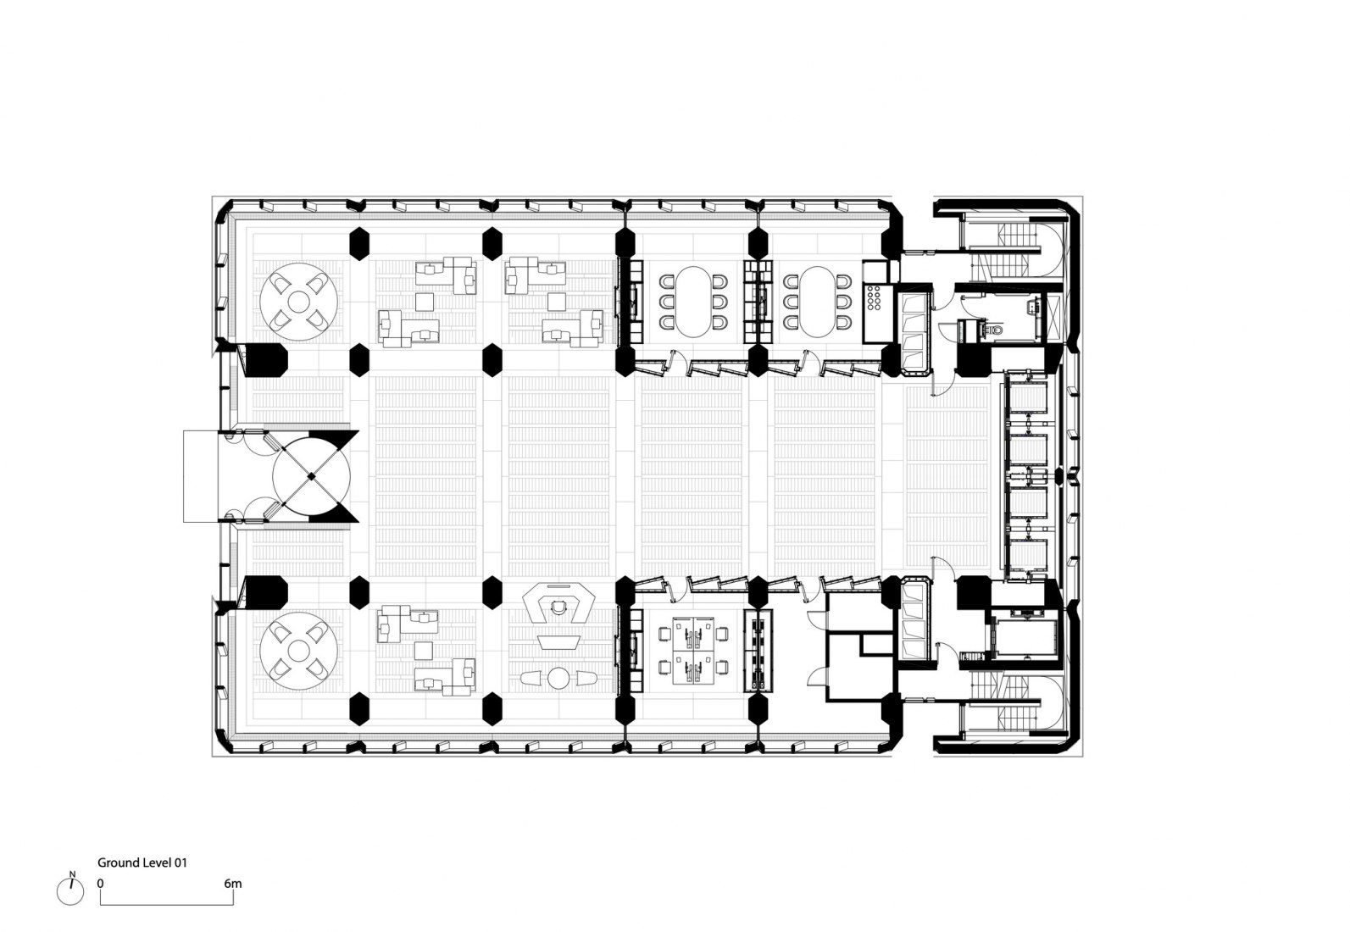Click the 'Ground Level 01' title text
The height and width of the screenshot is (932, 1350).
(x=142, y=863)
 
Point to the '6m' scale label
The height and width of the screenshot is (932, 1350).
(x=233, y=883)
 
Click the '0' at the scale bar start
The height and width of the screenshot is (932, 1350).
(x=100, y=883)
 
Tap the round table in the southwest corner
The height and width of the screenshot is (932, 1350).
(x=299, y=651)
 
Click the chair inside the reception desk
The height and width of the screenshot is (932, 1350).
(x=558, y=606)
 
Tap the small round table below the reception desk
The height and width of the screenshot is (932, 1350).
(x=558, y=678)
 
